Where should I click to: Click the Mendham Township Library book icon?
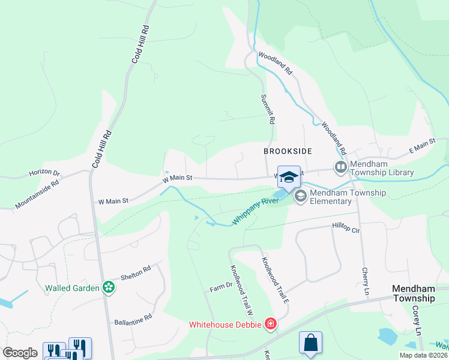(x=341, y=167)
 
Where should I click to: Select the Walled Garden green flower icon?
(x=108, y=287)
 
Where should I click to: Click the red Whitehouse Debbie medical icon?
(x=270, y=325)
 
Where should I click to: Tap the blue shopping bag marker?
(x=310, y=343)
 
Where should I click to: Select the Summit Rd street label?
(x=268, y=109)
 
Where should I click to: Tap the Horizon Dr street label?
(x=45, y=173)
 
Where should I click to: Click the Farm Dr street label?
(x=220, y=289)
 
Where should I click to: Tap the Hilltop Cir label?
(x=346, y=227)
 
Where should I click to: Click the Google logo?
(x=20, y=353)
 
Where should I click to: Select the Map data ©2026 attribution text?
(x=421, y=355)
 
